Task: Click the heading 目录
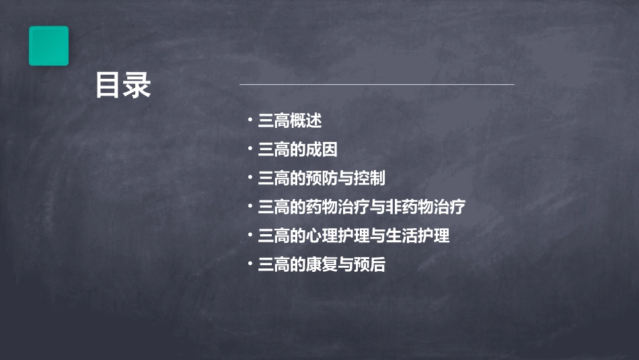(123, 86)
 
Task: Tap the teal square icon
(48, 46)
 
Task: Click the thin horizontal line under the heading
(377, 85)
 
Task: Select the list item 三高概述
(290, 121)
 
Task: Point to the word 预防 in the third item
(322, 179)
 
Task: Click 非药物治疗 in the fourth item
(424, 207)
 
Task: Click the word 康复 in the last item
(322, 265)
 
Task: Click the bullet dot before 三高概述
(250, 120)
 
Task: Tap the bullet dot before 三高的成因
(250, 149)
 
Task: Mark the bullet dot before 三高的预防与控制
(250, 178)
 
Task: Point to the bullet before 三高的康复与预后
(250, 264)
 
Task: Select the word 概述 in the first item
(305, 121)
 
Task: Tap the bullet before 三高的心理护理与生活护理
(250, 236)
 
